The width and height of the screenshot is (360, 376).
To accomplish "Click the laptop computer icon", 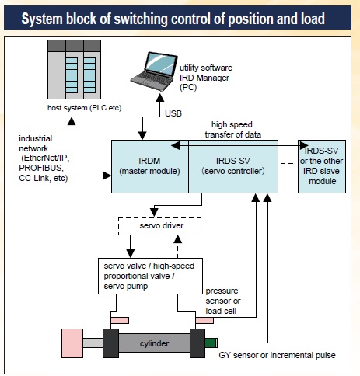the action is tap(154, 71).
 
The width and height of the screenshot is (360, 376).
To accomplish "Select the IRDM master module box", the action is tap(150, 166).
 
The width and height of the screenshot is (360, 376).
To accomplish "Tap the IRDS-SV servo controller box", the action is tap(233, 166).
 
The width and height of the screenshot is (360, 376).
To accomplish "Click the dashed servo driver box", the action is tap(161, 226).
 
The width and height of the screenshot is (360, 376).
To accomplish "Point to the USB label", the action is tap(173, 113).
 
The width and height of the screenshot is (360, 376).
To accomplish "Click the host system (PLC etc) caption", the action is tap(85, 108).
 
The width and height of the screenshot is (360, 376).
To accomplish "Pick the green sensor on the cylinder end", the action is tap(211, 343).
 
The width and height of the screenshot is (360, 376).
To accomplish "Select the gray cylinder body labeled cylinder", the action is tap(154, 343).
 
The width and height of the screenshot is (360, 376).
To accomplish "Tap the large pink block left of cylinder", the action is tap(72, 343).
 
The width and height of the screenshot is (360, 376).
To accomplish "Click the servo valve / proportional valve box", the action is tap(150, 276).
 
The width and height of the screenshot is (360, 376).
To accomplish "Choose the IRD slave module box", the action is tap(322, 166).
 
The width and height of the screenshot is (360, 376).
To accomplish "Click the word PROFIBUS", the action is tap(41, 168).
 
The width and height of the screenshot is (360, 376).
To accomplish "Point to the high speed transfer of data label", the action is tap(232, 130).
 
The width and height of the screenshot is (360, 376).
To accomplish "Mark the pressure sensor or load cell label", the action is tap(223, 301).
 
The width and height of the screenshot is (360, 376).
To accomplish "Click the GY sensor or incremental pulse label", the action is tap(277, 355).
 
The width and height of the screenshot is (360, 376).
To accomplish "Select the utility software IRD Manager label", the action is tap(206, 78).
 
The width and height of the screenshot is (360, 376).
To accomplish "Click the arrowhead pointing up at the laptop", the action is tap(160, 98).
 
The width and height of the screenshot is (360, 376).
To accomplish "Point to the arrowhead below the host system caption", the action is tap(72, 121).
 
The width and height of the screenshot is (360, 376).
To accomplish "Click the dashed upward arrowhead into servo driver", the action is tap(178, 239).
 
